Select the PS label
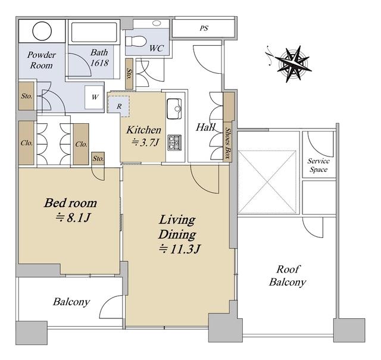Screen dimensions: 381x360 click(x=204, y=28)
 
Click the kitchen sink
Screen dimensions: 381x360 click(x=174, y=108)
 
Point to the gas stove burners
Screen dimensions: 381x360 click(x=174, y=142)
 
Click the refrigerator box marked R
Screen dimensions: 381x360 click(x=118, y=107)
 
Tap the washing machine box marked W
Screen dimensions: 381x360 click(x=94, y=97)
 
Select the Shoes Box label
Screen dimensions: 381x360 click(x=227, y=143)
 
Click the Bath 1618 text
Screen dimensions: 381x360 click(x=99, y=58)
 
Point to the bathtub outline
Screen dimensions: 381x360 click(x=94, y=32)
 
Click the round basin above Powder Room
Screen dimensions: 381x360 click(x=42, y=31)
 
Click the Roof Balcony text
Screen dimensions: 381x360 click(x=288, y=276)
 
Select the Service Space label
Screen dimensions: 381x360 click(x=318, y=165)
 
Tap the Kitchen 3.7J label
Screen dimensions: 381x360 click(x=143, y=136)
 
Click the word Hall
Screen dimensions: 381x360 click(x=205, y=127)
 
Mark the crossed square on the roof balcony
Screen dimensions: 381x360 click(x=267, y=182)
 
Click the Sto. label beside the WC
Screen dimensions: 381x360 click(x=129, y=74)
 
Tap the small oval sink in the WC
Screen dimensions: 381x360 click(x=157, y=23)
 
